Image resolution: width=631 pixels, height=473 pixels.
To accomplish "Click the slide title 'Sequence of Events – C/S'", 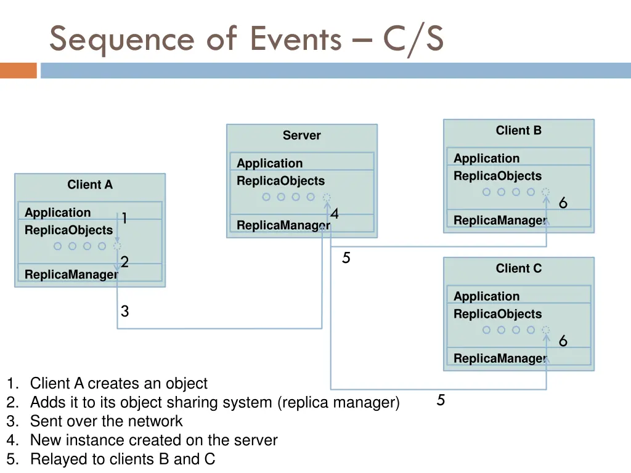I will pyautogui.click(x=246, y=39).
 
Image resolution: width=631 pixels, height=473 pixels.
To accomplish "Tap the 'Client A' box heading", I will pyautogui.click(x=90, y=185).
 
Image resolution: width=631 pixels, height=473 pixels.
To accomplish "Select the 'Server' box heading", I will pyautogui.click(x=301, y=135).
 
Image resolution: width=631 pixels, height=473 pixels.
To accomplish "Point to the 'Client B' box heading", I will pyautogui.click(x=518, y=131).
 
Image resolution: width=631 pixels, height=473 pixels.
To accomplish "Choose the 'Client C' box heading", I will pyautogui.click(x=518, y=269).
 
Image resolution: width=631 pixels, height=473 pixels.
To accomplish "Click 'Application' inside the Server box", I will pyautogui.click(x=269, y=163).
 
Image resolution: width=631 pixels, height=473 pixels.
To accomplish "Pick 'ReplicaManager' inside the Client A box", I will pyautogui.click(x=71, y=275).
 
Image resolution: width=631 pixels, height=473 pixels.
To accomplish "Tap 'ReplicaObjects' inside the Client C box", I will pyautogui.click(x=497, y=314).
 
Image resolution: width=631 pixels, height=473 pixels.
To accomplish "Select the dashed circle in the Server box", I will pyautogui.click(x=327, y=198).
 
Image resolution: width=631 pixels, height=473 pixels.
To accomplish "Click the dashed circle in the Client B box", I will pyautogui.click(x=545, y=192).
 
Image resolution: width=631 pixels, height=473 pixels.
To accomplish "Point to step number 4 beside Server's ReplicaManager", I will pyautogui.click(x=334, y=214).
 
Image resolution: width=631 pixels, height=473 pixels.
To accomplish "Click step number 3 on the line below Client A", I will pyautogui.click(x=124, y=312).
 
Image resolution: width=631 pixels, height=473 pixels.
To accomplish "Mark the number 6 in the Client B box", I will pyautogui.click(x=563, y=203).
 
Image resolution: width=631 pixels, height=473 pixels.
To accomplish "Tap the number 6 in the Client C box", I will pyautogui.click(x=563, y=341).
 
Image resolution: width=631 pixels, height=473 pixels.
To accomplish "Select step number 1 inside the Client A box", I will pyautogui.click(x=124, y=219).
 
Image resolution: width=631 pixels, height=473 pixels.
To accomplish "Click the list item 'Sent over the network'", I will pyautogui.click(x=106, y=421).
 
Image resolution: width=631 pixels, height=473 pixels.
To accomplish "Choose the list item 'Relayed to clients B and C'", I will pyautogui.click(x=122, y=459).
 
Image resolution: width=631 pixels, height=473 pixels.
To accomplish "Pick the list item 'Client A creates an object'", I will pyautogui.click(x=118, y=384).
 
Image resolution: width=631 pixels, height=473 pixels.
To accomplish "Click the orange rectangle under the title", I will pyautogui.click(x=18, y=70).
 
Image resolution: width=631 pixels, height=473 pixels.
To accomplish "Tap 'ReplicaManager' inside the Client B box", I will pyautogui.click(x=500, y=220).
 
